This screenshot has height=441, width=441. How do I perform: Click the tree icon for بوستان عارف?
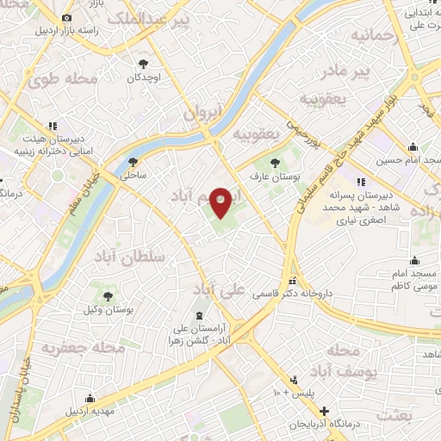click(275, 162)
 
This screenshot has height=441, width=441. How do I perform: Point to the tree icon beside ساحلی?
click(133, 161)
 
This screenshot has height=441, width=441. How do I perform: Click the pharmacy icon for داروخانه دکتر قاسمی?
click(294, 280)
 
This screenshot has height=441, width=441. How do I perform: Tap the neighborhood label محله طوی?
click(60, 82)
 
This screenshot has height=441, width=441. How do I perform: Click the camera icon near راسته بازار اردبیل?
click(67, 16)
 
